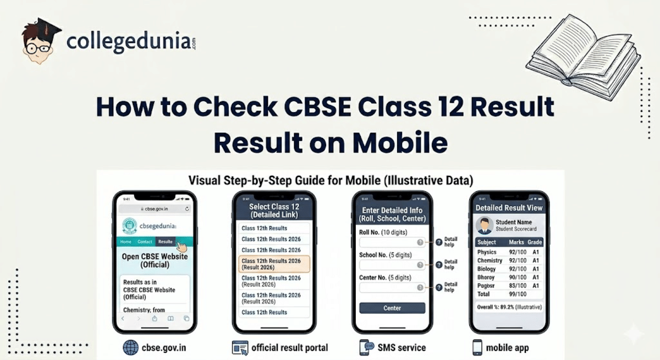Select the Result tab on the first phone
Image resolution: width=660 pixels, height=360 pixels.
click(x=165, y=242)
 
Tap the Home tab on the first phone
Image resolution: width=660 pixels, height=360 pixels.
click(x=126, y=242)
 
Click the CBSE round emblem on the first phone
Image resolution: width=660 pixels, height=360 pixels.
click(x=130, y=226)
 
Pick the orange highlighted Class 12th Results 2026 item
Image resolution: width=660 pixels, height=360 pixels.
click(x=274, y=264)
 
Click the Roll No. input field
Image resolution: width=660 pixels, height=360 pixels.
click(x=392, y=242)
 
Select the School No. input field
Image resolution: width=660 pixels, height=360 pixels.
click(x=392, y=265)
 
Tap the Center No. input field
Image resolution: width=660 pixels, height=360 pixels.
click(x=392, y=287)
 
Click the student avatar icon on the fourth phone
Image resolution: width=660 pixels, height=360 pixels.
click(x=485, y=225)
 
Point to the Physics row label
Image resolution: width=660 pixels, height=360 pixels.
click(x=487, y=252)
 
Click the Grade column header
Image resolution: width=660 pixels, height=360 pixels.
click(x=535, y=242)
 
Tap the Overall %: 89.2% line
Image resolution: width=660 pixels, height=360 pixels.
click(x=509, y=307)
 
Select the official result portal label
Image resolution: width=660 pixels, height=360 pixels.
click(x=290, y=347)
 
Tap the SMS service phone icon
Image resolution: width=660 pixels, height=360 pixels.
click(x=367, y=347)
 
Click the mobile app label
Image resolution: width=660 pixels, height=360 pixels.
click(x=508, y=347)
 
